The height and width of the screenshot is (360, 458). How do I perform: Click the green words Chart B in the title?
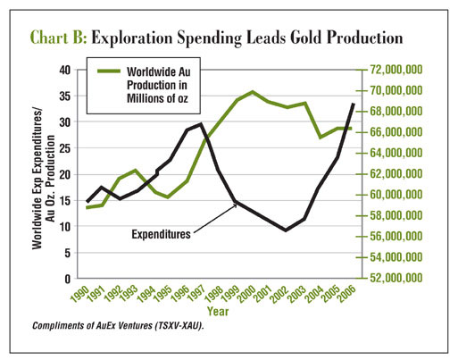(x=59, y=38)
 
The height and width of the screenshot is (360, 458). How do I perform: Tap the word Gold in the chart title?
(x=305, y=38)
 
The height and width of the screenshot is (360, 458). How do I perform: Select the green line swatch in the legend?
(x=109, y=71)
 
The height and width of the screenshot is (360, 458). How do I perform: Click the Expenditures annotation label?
(x=161, y=234)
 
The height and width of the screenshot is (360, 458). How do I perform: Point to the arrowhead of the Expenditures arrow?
(x=235, y=204)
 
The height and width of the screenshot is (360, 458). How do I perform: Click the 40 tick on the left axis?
(x=65, y=71)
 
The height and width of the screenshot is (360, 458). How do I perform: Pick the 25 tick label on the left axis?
(x=65, y=148)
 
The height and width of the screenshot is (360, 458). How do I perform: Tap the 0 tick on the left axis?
(x=68, y=279)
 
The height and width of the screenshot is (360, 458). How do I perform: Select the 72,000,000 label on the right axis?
(x=396, y=70)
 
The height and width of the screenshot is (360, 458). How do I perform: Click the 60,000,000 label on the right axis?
(x=396, y=195)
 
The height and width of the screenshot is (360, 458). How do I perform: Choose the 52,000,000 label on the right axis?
(x=396, y=278)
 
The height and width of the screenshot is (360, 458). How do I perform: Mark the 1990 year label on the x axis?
(x=79, y=294)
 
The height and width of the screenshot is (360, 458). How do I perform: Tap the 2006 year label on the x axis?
(x=346, y=294)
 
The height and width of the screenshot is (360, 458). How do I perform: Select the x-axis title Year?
(x=218, y=312)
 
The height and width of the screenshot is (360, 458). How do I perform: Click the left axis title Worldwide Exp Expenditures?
(x=37, y=178)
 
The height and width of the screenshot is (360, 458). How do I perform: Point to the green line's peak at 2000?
(x=253, y=92)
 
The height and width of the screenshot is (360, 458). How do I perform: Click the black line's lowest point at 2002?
(x=286, y=230)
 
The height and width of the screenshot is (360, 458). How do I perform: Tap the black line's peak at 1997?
(x=201, y=124)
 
